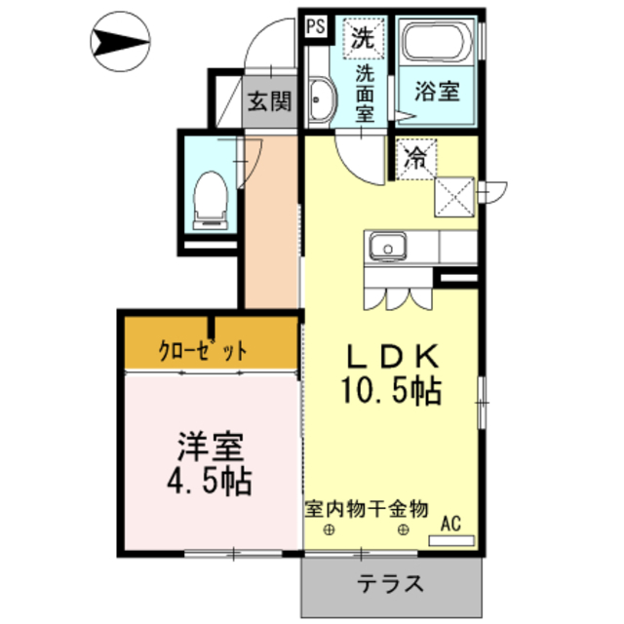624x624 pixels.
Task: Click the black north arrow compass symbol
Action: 120,42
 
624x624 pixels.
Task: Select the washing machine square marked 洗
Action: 363,40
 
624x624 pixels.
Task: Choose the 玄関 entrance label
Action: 268,102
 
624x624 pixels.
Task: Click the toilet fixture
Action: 210,199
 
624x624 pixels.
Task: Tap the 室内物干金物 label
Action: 366,508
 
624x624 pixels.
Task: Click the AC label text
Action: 450,522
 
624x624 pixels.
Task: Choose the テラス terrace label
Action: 390,585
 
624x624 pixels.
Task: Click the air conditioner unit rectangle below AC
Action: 451,539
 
